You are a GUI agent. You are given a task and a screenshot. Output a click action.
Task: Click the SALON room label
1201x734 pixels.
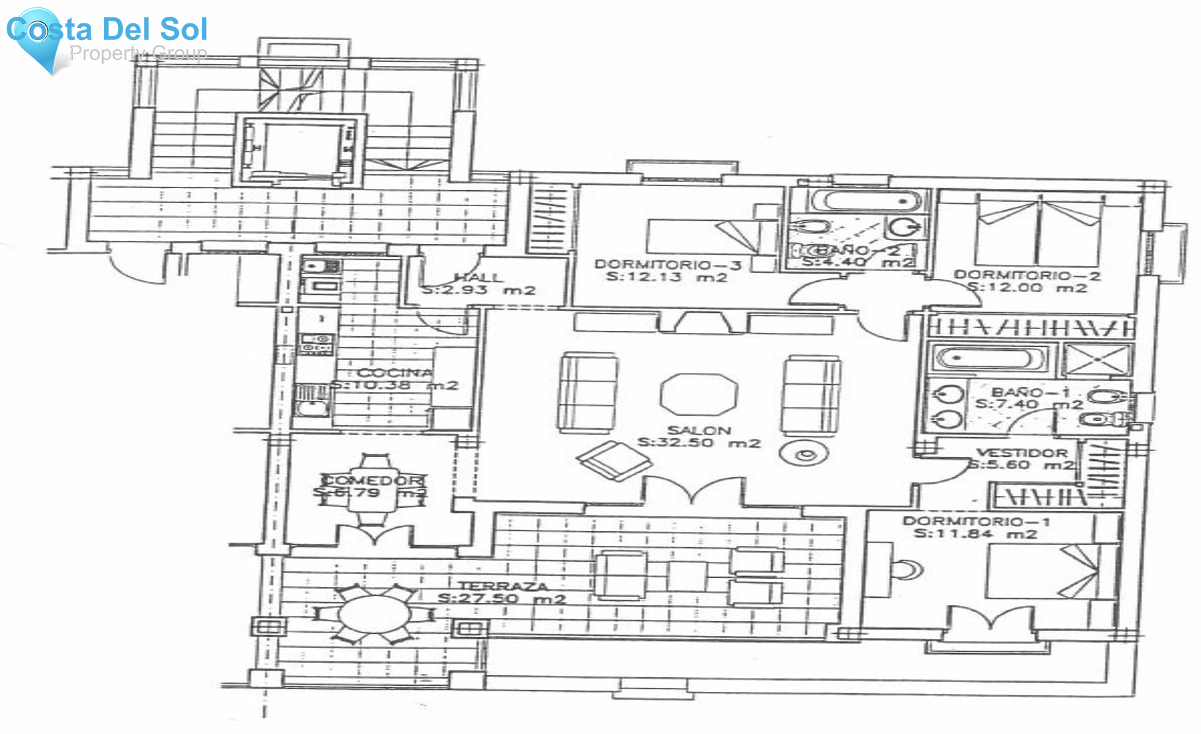pyautogui.click(x=699, y=430)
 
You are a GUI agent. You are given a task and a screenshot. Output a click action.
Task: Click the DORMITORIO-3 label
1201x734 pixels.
pyautogui.click(x=668, y=265)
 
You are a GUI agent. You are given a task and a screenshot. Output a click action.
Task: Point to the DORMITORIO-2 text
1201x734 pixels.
pyautogui.click(x=1027, y=275)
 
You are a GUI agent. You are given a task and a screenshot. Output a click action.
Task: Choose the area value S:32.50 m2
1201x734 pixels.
pyautogui.click(x=699, y=443)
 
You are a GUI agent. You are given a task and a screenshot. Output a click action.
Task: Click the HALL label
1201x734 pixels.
pyautogui.click(x=478, y=278)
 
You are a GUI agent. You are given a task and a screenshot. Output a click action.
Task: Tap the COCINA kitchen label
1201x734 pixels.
pyautogui.click(x=395, y=373)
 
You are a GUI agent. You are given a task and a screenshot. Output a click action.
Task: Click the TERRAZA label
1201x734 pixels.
pyautogui.click(x=502, y=587)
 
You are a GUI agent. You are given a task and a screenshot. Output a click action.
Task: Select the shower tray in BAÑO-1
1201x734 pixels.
pyautogui.click(x=1097, y=360)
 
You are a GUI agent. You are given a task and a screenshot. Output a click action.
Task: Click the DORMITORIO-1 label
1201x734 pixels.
pyautogui.click(x=976, y=521)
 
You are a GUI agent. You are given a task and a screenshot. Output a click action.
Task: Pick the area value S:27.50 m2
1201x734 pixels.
pyautogui.click(x=502, y=599)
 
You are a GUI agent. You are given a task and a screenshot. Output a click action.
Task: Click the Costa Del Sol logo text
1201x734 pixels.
pyautogui.click(x=107, y=30)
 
